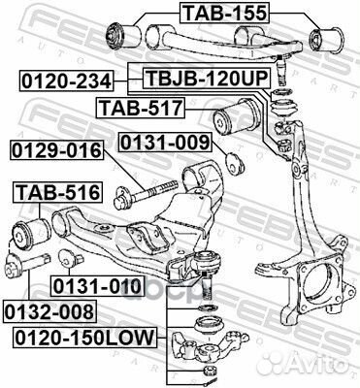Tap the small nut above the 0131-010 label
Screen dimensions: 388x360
coord(68,261)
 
